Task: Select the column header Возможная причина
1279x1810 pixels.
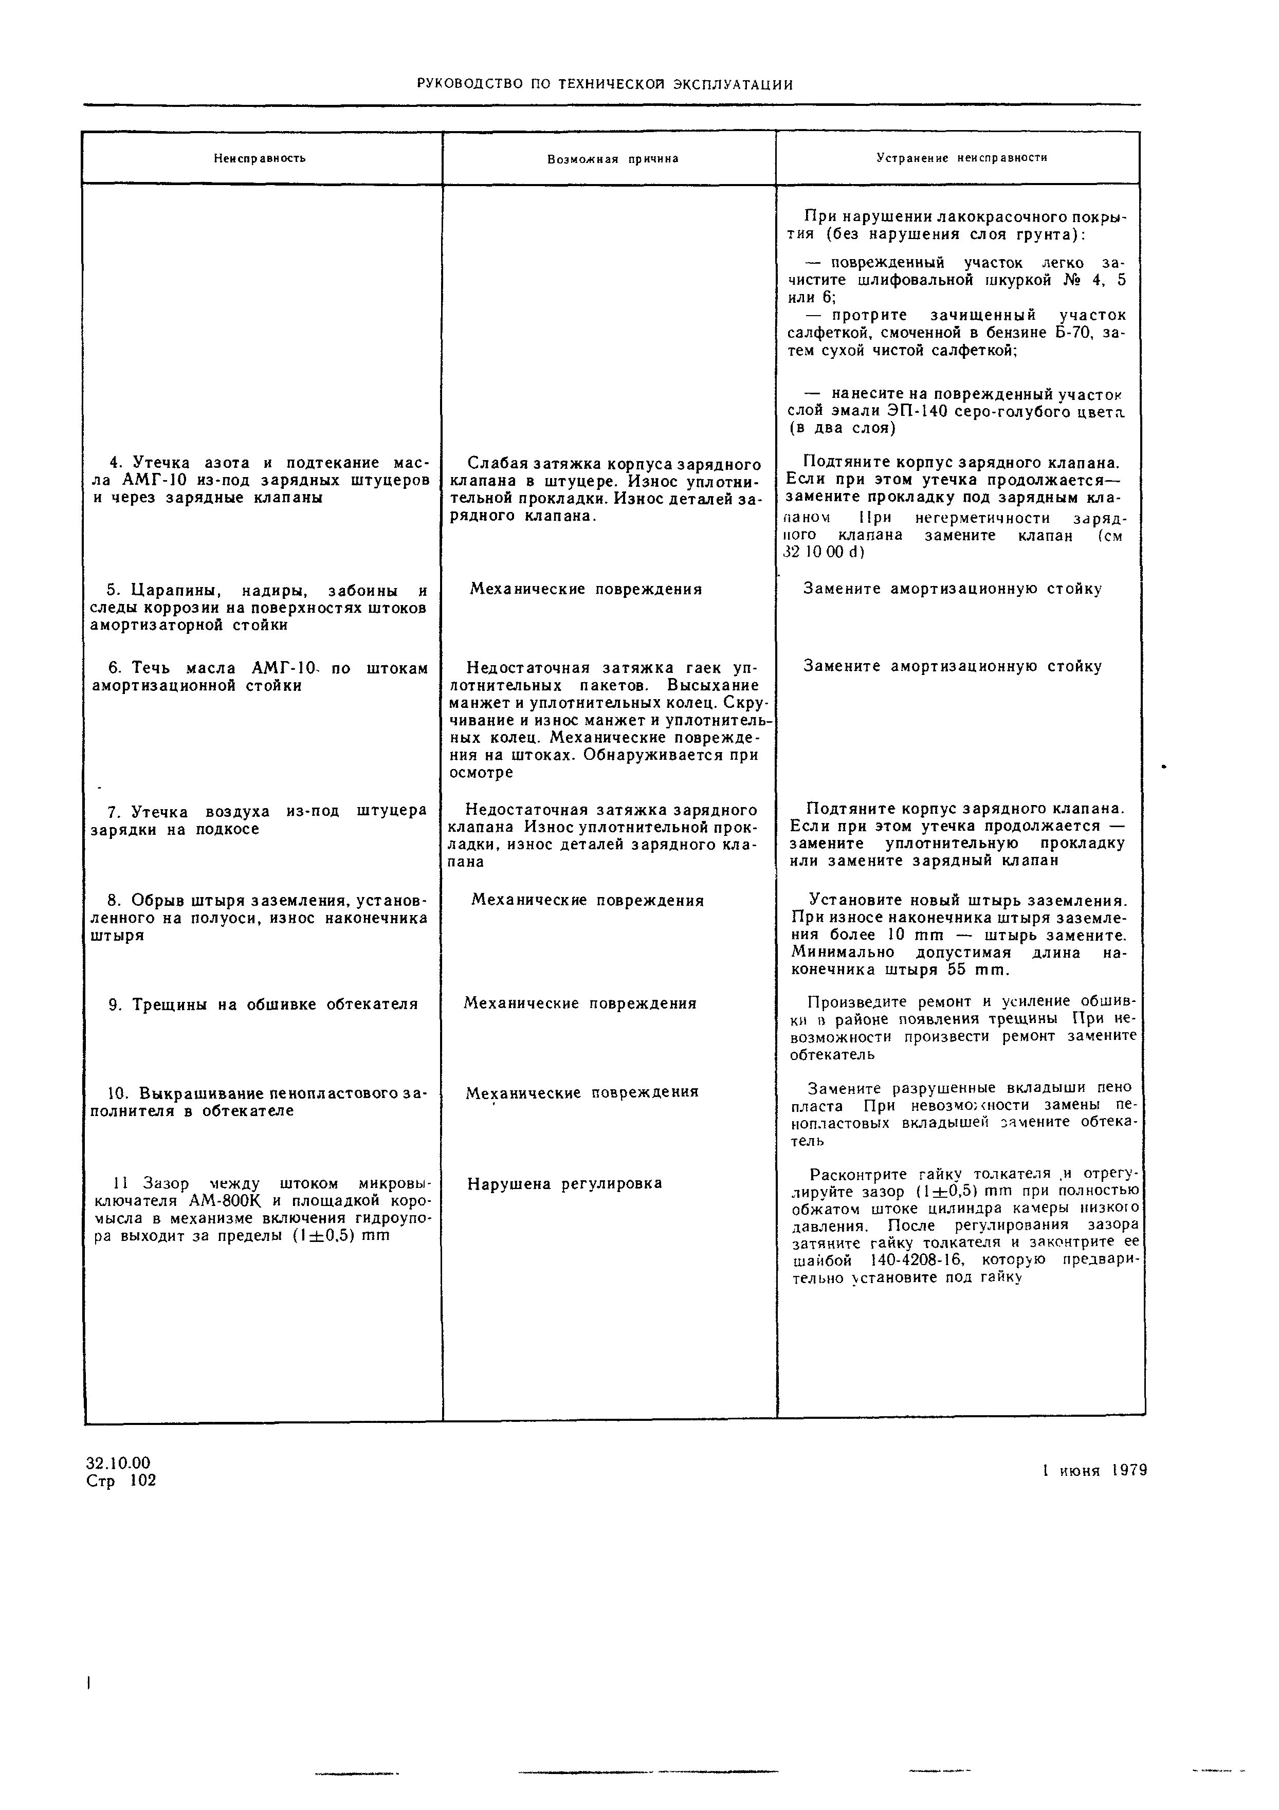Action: click(613, 159)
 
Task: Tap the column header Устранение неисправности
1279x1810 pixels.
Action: click(962, 158)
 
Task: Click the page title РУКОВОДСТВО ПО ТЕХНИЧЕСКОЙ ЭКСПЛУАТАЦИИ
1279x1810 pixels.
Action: click(604, 84)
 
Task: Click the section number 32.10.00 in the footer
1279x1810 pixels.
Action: click(118, 1463)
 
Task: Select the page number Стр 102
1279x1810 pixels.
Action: click(121, 1480)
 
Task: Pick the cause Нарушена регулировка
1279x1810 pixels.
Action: click(564, 1183)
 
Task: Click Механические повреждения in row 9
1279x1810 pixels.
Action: click(580, 1003)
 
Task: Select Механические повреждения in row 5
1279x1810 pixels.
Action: click(586, 589)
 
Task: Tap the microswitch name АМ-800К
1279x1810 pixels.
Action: click(226, 1201)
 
